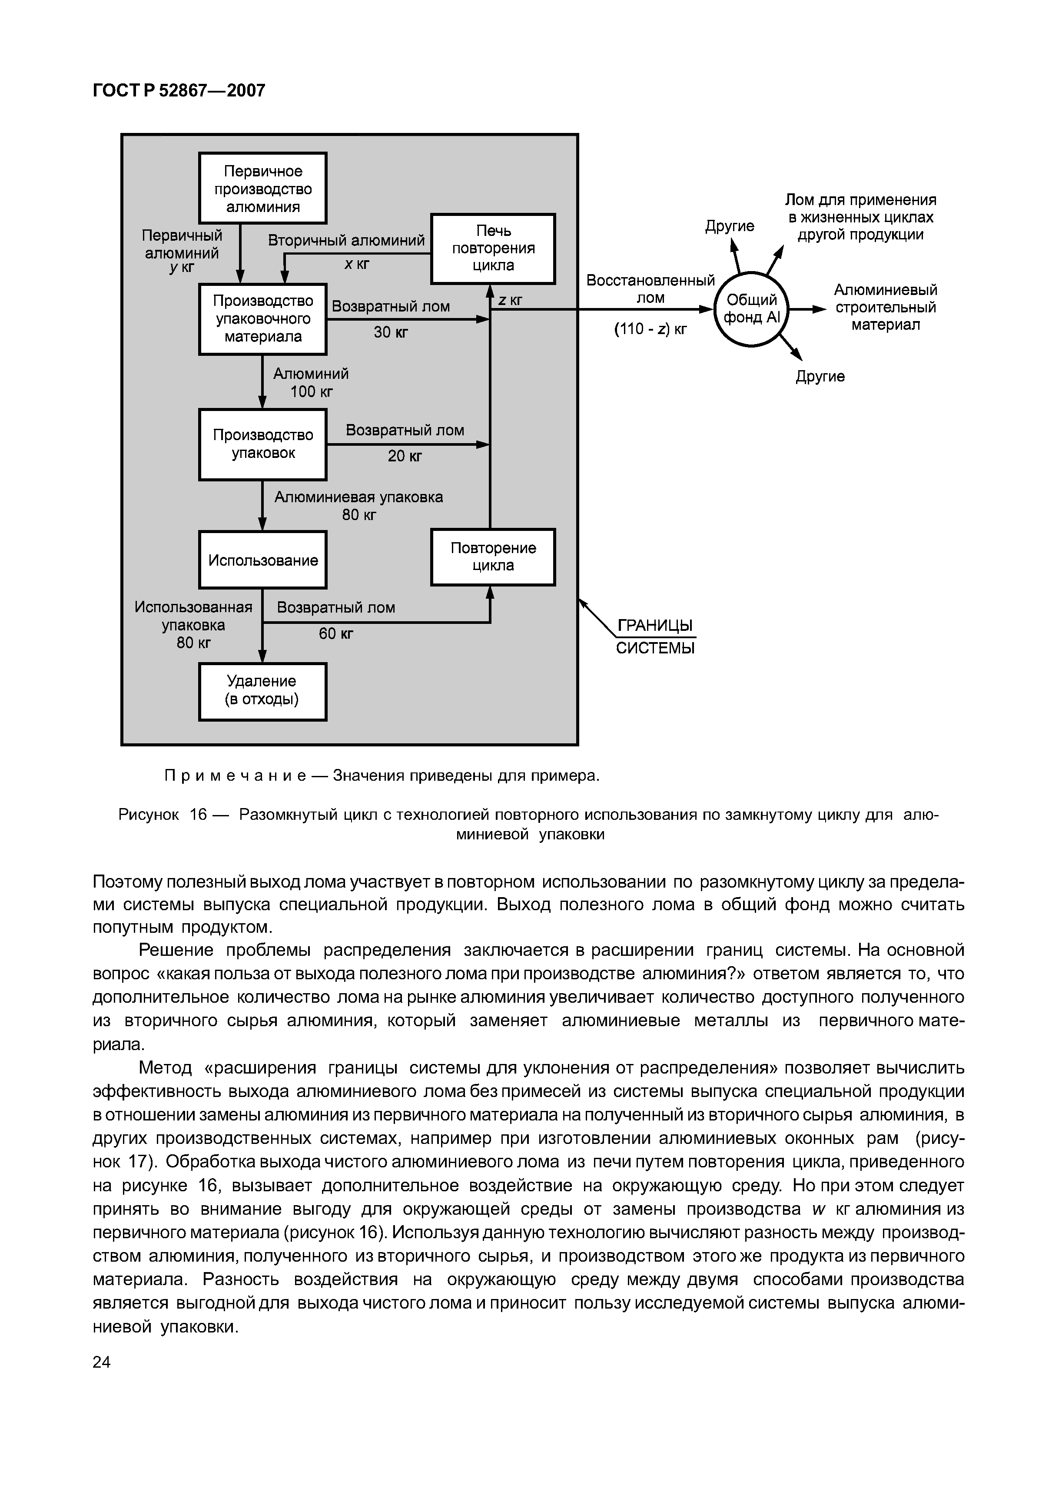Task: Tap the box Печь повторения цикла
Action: [493, 249]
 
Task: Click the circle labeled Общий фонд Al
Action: [751, 309]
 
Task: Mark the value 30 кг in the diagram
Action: [390, 332]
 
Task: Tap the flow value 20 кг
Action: [405, 456]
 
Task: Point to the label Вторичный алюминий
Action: [346, 240]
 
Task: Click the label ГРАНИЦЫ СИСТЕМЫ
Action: [655, 636]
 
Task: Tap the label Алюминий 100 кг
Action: [311, 382]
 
